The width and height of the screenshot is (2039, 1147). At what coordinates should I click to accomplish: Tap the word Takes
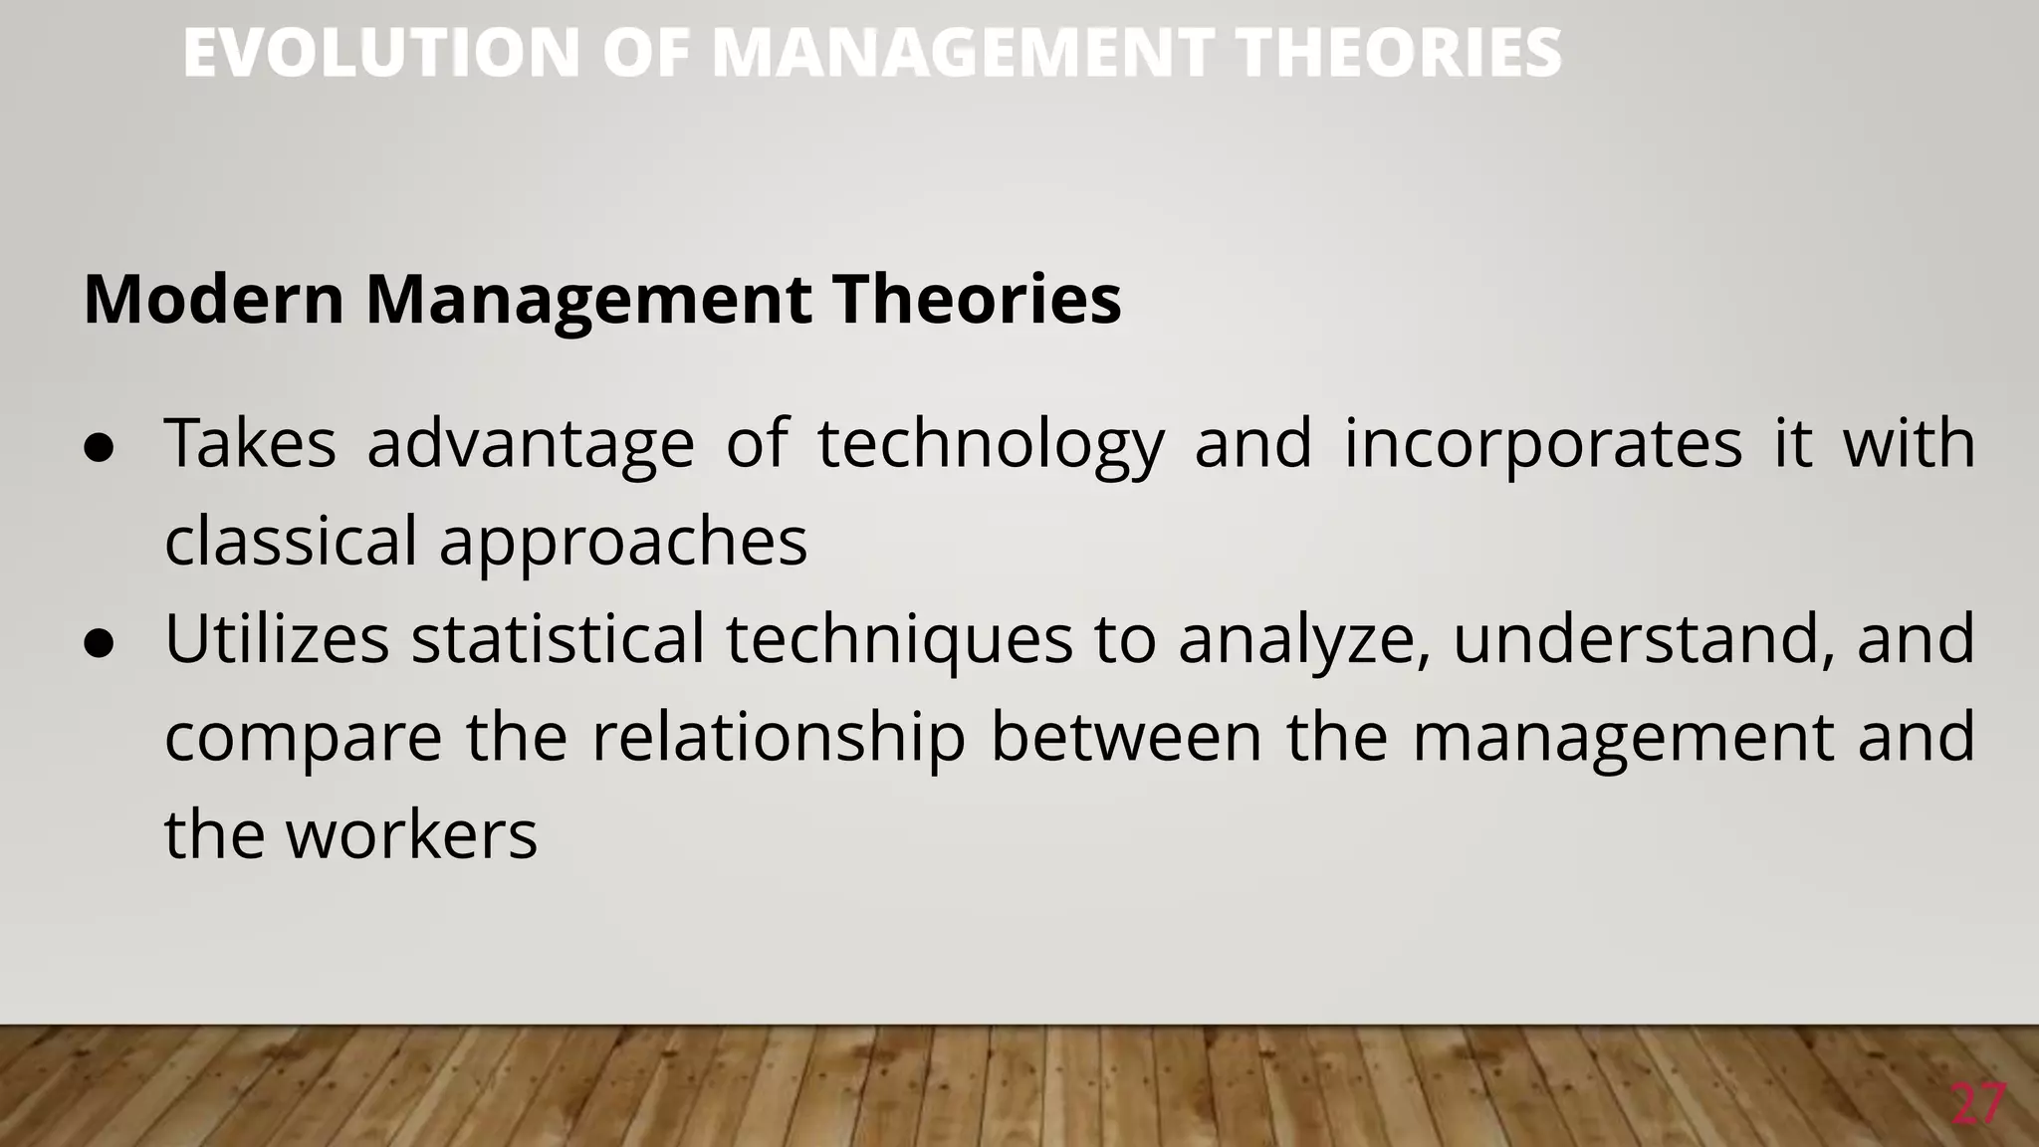point(250,443)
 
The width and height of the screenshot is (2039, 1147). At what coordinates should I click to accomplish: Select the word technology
point(991,445)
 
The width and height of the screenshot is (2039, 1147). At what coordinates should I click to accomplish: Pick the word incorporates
point(1542,445)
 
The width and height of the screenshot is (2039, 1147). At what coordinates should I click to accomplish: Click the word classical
point(290,542)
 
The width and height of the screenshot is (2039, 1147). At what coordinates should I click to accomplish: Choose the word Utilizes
point(277,638)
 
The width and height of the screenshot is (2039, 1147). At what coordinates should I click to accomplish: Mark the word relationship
point(779,739)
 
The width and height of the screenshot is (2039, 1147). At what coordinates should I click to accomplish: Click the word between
point(1126,737)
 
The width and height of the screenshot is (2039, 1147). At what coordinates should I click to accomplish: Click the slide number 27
point(1976,1104)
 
